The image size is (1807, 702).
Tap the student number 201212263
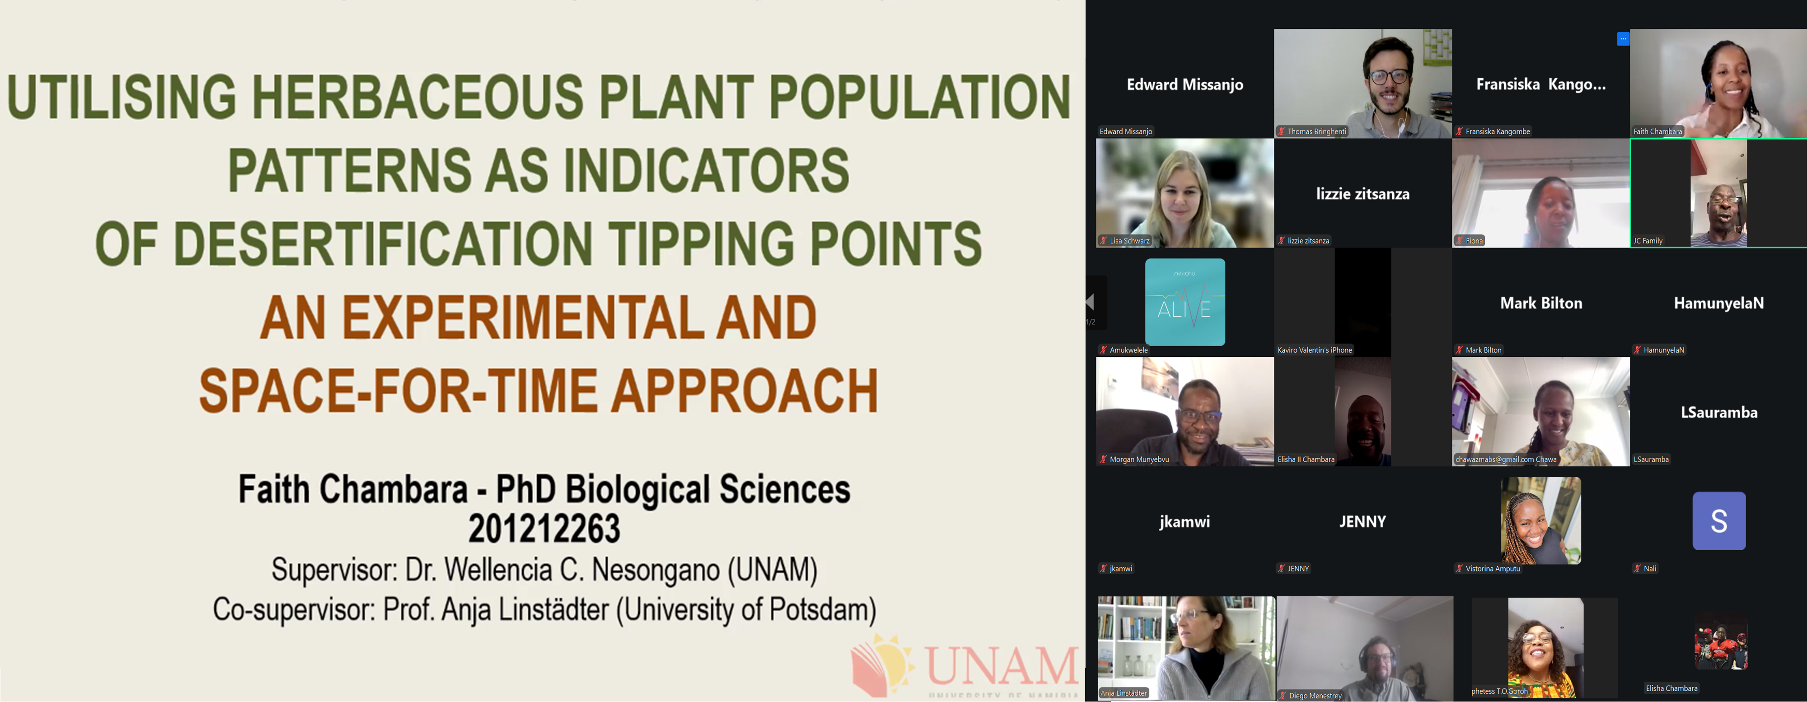[x=544, y=528]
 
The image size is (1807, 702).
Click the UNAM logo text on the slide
[x=1002, y=665]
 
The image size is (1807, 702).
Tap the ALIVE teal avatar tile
[x=1185, y=302]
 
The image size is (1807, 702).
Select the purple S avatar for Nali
[x=1718, y=520]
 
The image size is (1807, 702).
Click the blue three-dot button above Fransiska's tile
[x=1623, y=39]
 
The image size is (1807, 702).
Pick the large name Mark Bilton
[x=1541, y=303]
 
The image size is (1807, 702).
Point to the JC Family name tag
[x=1648, y=240]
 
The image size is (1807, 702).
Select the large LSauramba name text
[x=1718, y=412]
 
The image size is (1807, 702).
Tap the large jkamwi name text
[x=1185, y=522]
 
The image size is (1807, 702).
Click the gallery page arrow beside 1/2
[x=1090, y=302]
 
